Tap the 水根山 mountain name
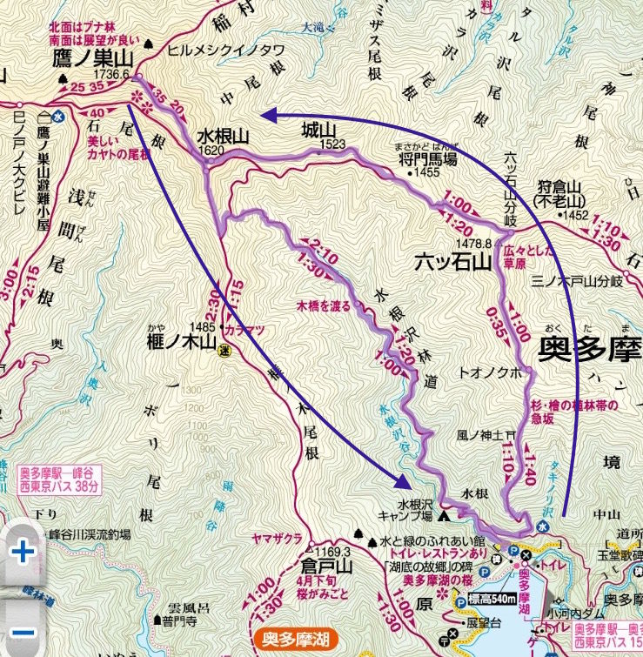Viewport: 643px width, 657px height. [x=223, y=136]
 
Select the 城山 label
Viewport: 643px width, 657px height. [x=318, y=131]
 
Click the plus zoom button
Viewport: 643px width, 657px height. [x=23, y=551]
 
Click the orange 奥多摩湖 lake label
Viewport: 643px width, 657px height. [x=296, y=640]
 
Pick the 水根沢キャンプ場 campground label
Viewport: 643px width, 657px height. [x=416, y=510]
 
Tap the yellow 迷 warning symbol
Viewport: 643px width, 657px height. [x=224, y=350]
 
